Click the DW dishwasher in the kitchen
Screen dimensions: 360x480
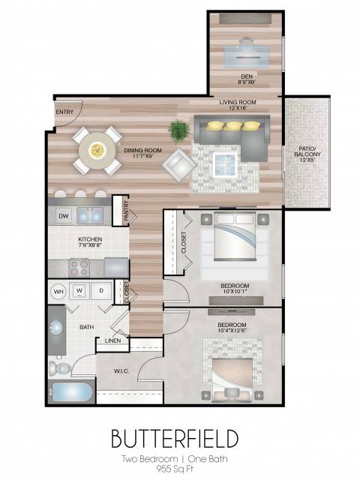(x=64, y=216)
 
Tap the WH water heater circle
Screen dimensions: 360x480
(x=58, y=291)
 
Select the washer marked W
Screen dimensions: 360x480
(x=79, y=291)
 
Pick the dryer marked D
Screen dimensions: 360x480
(x=101, y=291)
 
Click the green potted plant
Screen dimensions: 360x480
(x=179, y=130)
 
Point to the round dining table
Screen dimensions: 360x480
(x=97, y=150)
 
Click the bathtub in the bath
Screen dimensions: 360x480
(x=72, y=392)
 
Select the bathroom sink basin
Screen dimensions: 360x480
(x=55, y=328)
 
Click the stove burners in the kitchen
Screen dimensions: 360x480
(x=79, y=268)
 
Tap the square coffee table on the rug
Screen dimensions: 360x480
(x=226, y=165)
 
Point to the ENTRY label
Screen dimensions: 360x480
(x=64, y=112)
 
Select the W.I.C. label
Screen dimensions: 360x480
(x=121, y=371)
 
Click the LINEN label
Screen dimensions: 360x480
(x=112, y=340)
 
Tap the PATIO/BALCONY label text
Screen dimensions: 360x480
(x=307, y=151)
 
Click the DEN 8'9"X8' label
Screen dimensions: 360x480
(x=247, y=79)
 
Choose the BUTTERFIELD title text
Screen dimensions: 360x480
(x=175, y=438)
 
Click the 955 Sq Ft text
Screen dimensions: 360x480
(x=175, y=469)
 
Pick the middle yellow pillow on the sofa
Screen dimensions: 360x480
(x=235, y=125)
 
